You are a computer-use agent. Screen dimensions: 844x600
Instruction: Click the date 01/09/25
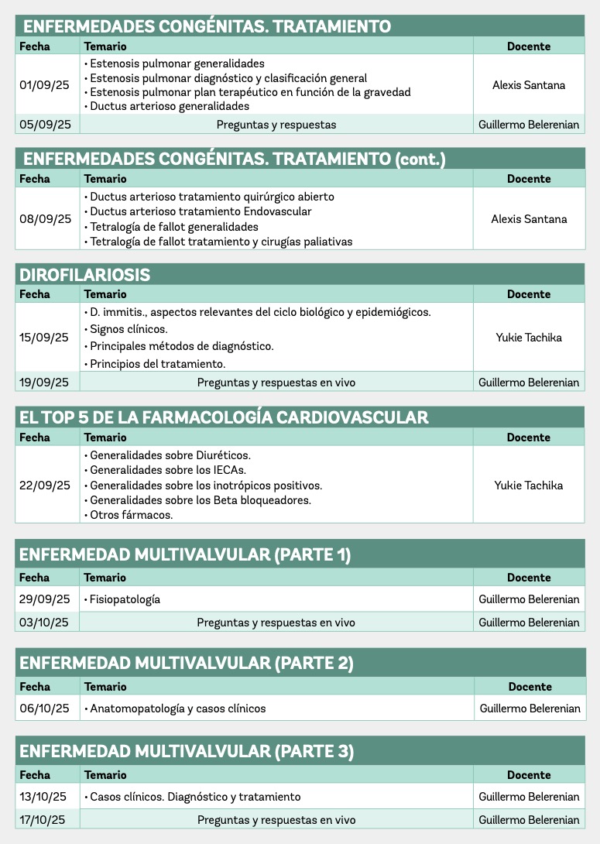45,85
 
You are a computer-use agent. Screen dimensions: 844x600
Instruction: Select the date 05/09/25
45,125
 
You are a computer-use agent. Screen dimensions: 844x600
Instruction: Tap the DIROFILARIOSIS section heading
85,275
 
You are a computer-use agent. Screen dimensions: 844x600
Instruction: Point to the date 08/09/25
45,219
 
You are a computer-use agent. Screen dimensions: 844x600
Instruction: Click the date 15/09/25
45,338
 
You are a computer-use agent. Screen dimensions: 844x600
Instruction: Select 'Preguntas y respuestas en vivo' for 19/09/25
276,383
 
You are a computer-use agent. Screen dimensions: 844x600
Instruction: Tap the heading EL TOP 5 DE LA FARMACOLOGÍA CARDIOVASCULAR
224,417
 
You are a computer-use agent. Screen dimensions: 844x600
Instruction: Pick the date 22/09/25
45,485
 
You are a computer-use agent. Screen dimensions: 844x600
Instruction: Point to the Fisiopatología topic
125,599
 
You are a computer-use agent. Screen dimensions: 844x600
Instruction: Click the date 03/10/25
45,623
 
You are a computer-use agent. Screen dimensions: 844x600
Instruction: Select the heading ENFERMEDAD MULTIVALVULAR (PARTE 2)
187,663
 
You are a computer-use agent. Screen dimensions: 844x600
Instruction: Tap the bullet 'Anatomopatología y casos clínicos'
177,708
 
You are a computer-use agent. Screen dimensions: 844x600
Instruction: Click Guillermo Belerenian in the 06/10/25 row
530,708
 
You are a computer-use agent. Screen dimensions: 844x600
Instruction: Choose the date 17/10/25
43,820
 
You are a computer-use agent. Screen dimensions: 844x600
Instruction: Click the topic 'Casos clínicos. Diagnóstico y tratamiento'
195,797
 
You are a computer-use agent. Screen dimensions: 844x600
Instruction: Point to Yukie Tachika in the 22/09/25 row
529,485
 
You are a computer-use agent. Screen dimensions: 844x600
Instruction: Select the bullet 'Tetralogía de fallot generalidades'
174,227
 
